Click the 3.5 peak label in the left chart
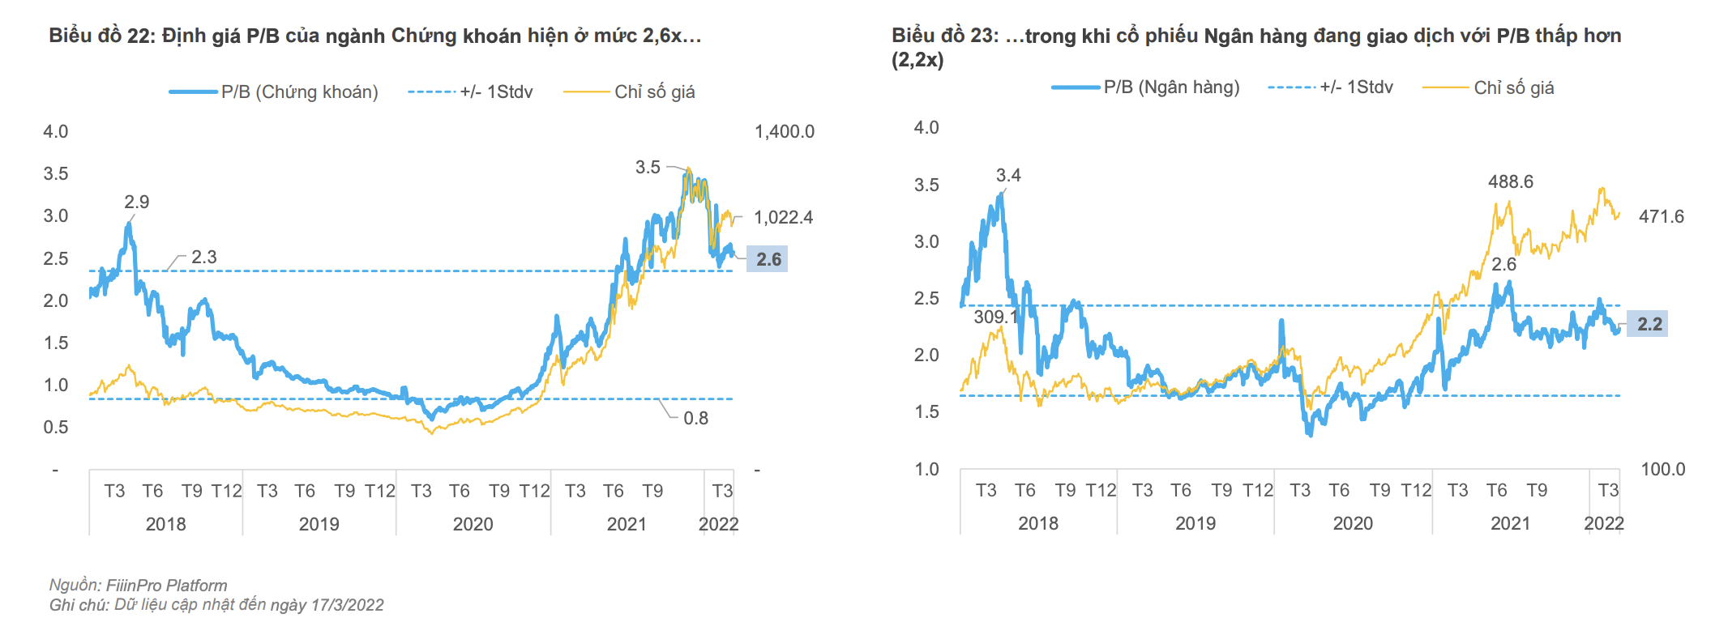pos(648,168)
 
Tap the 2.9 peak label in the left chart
pos(136,202)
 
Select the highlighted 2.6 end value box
pos(768,259)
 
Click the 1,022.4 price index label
pos(783,217)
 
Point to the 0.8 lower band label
pos(695,419)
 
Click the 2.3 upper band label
pos(203,258)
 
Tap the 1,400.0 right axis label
pos(784,132)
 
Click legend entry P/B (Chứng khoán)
pos(299,92)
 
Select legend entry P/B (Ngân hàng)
pos(1171,87)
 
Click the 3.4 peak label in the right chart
pos(1008,176)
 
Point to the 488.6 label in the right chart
pos(1510,182)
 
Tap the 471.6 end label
pos(1661,217)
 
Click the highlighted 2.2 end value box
pos(1649,325)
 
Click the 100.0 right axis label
pos(1662,470)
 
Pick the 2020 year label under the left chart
pos(473,525)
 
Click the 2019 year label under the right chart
pos(1195,524)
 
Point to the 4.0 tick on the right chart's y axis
pos(926,128)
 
